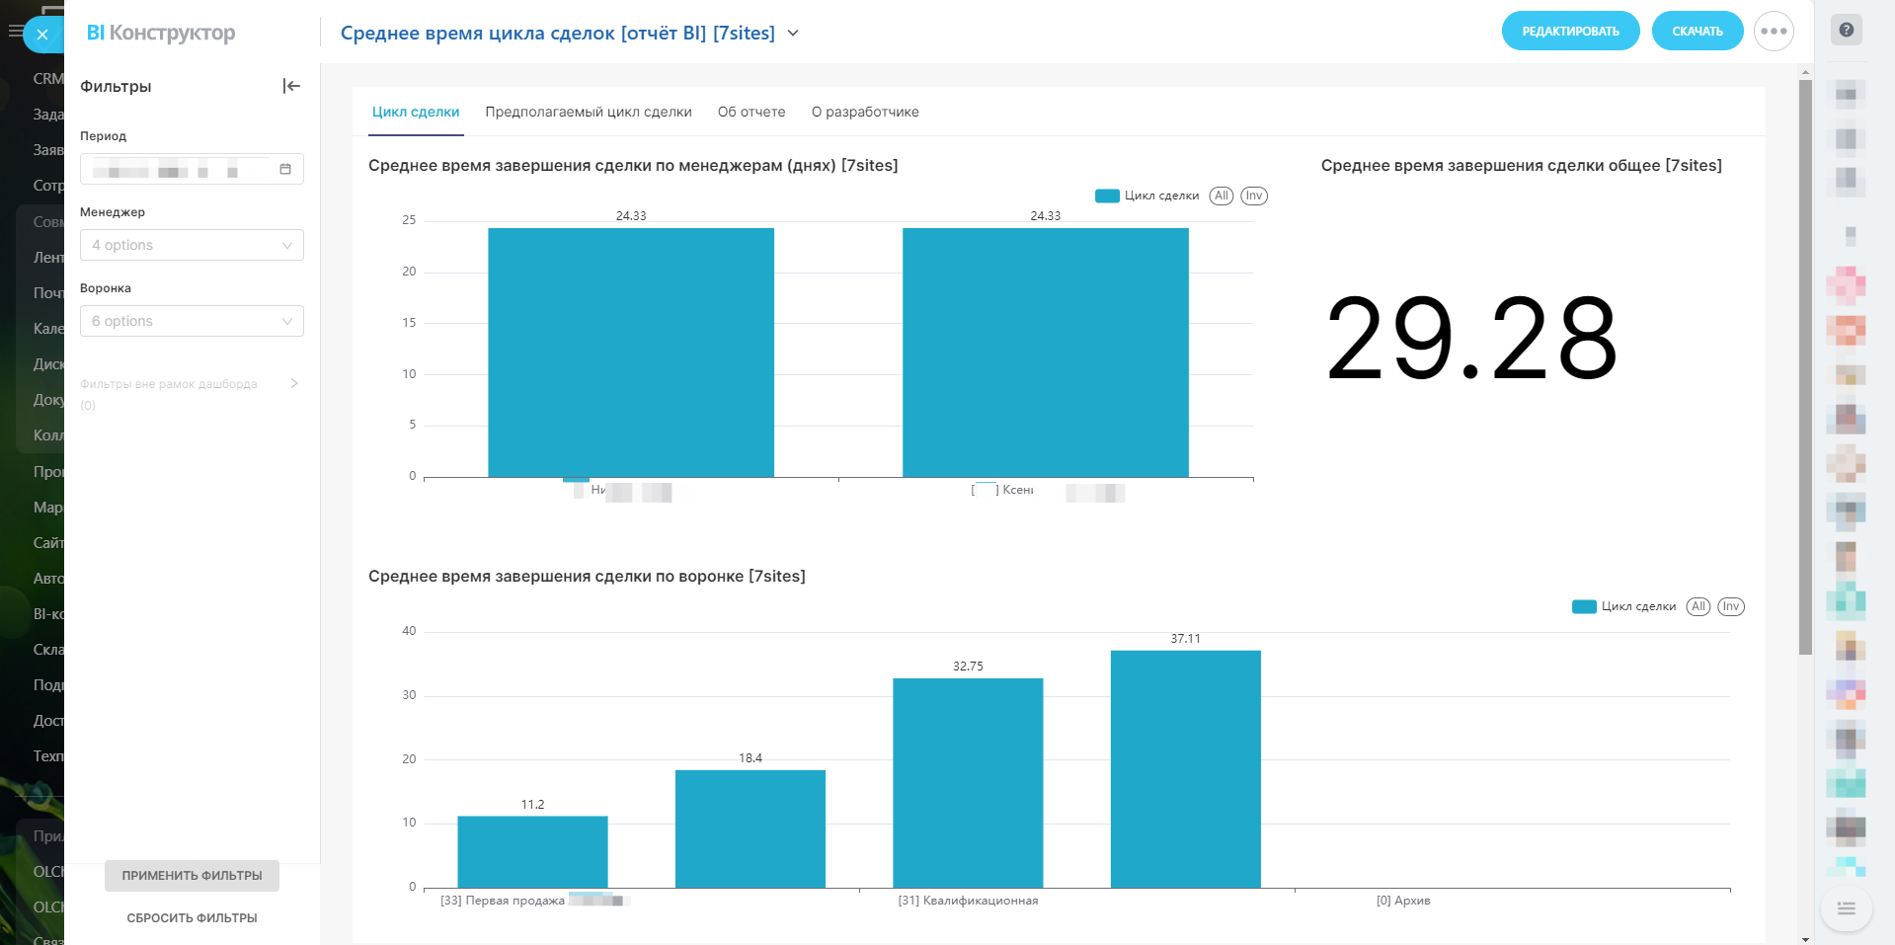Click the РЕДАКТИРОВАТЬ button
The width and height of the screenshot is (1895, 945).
tap(1570, 32)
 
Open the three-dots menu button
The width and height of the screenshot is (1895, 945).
tap(1774, 32)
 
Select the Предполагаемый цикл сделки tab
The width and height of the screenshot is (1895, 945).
tap(589, 113)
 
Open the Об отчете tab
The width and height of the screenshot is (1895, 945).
tap(751, 113)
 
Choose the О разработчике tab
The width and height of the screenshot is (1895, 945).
tap(865, 113)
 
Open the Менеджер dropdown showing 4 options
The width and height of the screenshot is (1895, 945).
tap(192, 245)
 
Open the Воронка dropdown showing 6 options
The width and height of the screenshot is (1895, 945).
tap(192, 321)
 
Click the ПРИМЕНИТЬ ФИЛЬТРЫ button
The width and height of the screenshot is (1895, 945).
tap(192, 876)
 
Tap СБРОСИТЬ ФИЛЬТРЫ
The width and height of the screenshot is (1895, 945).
tap(192, 918)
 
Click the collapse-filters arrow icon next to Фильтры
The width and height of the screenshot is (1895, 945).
tap(291, 86)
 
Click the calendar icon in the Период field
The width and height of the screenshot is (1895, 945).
tap(285, 170)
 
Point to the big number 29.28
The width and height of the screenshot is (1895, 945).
tap(1471, 341)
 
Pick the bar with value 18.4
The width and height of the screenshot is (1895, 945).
tap(750, 828)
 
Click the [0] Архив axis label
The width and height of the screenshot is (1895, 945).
tap(1403, 901)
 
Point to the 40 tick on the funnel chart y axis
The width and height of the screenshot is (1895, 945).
tap(409, 631)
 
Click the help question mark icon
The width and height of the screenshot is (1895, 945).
tap(1846, 30)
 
